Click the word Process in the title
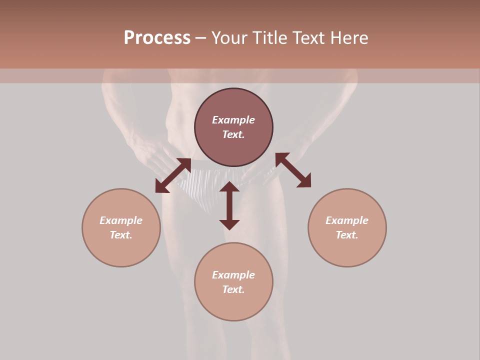point(157,38)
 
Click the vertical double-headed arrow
point(229,205)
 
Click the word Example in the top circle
point(233,120)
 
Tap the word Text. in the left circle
point(121,235)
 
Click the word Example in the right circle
point(347,220)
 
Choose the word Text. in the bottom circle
point(233,289)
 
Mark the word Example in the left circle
point(121,220)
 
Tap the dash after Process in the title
point(200,38)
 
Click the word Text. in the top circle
point(233,134)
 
